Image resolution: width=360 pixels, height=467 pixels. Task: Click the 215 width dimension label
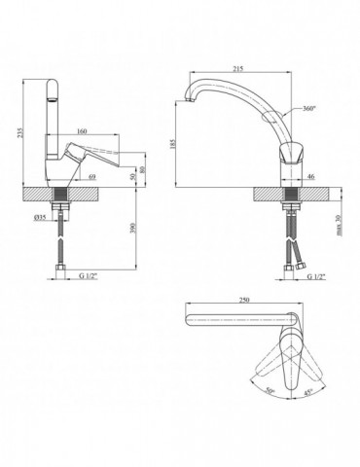tap(238, 69)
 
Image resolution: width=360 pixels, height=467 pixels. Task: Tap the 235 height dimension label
tap(21, 132)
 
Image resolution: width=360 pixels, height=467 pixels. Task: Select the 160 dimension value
tap(82, 131)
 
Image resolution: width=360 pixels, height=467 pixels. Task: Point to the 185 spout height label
tap(172, 144)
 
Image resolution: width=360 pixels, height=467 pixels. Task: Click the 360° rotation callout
tap(308, 109)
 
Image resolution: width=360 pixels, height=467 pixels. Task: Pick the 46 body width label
tap(310, 177)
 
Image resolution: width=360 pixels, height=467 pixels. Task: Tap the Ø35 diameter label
tap(40, 218)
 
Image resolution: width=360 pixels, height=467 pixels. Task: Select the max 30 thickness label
tap(340, 225)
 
